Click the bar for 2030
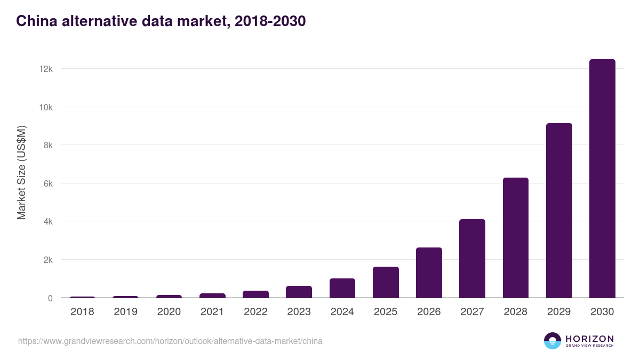[602, 179]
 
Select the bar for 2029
[559, 211]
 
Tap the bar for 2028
[515, 238]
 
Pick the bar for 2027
[472, 259]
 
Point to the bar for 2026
[429, 273]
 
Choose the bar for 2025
[386, 282]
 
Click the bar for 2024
[342, 288]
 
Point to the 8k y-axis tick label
[47, 145]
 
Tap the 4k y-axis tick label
[47, 221]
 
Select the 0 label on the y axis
[50, 298]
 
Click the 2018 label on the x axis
[82, 312]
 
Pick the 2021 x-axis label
[212, 312]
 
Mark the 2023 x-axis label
[299, 312]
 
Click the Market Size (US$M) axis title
[21, 172]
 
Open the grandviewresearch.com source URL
[170, 341]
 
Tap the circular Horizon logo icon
[552, 341]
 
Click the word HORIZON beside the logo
[589, 338]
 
